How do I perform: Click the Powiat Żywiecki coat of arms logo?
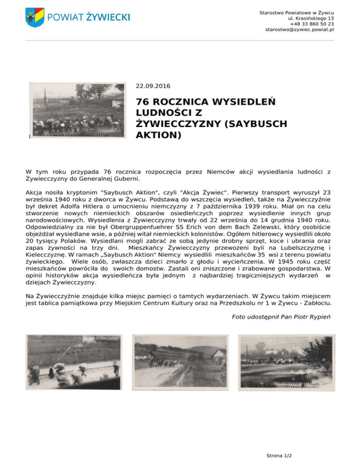(35, 17)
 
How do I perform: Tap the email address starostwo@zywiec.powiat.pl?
(300, 30)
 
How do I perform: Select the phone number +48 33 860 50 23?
(312, 23)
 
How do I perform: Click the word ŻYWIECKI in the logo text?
(107, 17)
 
